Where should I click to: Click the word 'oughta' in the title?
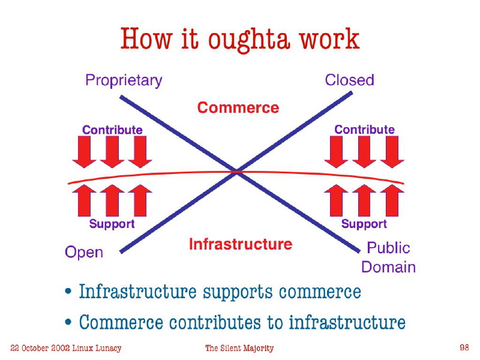click(249, 40)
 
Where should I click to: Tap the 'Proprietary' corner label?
click(124, 81)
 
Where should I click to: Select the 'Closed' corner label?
click(349, 80)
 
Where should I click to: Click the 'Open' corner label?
click(84, 253)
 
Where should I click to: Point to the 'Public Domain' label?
click(388, 257)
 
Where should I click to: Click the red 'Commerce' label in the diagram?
click(238, 108)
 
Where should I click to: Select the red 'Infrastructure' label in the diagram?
click(241, 244)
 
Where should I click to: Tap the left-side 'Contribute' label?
click(112, 130)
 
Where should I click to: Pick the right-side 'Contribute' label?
click(364, 130)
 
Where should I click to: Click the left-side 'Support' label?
click(112, 224)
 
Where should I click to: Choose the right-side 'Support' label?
click(364, 224)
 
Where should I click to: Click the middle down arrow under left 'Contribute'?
click(112, 152)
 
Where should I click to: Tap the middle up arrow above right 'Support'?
click(364, 200)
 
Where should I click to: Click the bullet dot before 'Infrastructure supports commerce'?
click(68, 291)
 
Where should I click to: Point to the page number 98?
click(464, 347)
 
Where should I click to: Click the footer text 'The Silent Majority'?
click(239, 348)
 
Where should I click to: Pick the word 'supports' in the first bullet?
click(238, 292)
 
